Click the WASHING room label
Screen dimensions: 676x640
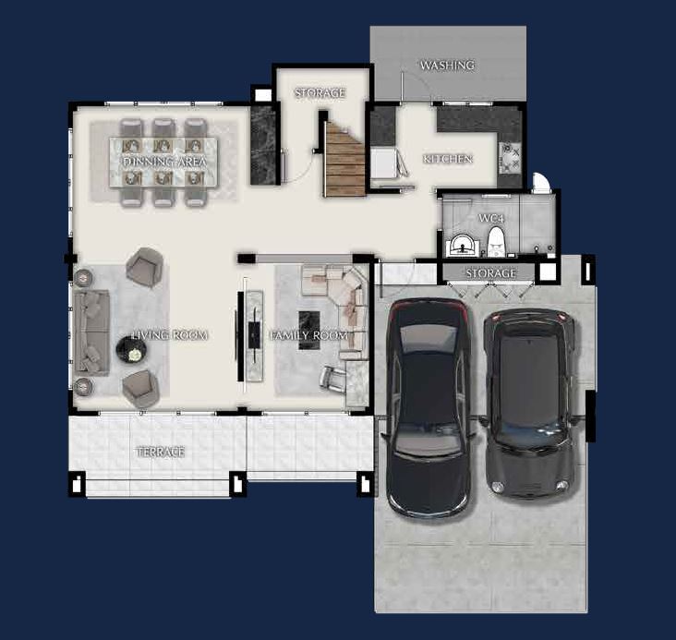(x=447, y=66)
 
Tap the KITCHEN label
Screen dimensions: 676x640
(x=448, y=159)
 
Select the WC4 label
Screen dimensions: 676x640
(x=491, y=218)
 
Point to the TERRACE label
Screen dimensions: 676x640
(x=161, y=452)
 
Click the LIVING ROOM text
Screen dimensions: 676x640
(x=170, y=335)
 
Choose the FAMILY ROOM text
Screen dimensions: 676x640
(x=308, y=335)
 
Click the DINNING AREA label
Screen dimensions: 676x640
(x=164, y=162)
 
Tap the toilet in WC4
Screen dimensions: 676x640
(x=496, y=243)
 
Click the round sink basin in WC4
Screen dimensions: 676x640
(x=462, y=246)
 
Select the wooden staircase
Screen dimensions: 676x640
(x=344, y=159)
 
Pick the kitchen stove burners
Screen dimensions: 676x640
(x=510, y=158)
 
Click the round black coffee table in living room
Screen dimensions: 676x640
(x=131, y=350)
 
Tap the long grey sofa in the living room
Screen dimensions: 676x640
(x=91, y=332)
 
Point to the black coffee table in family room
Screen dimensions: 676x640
(x=309, y=330)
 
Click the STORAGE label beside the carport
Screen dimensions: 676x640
(x=490, y=273)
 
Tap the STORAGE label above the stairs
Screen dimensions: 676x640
(x=320, y=92)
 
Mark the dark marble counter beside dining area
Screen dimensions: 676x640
(x=263, y=145)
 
